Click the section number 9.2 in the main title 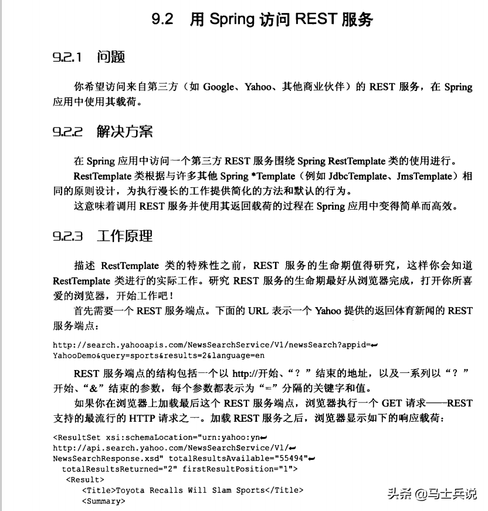click(x=162, y=19)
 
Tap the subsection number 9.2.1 click(x=67, y=57)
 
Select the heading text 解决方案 click(x=125, y=132)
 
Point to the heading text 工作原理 click(x=125, y=236)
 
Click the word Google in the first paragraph click(x=218, y=87)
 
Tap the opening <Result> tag click(x=84, y=479)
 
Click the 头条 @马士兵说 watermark click(x=432, y=494)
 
